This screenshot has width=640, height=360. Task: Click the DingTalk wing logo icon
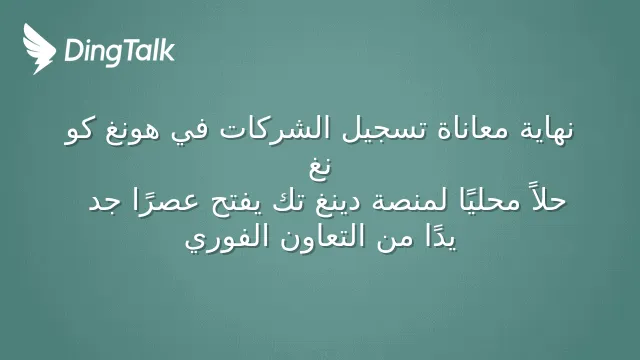tap(39, 49)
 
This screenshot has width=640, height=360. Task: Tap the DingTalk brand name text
tap(120, 51)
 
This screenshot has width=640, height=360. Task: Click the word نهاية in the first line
tap(546, 130)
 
